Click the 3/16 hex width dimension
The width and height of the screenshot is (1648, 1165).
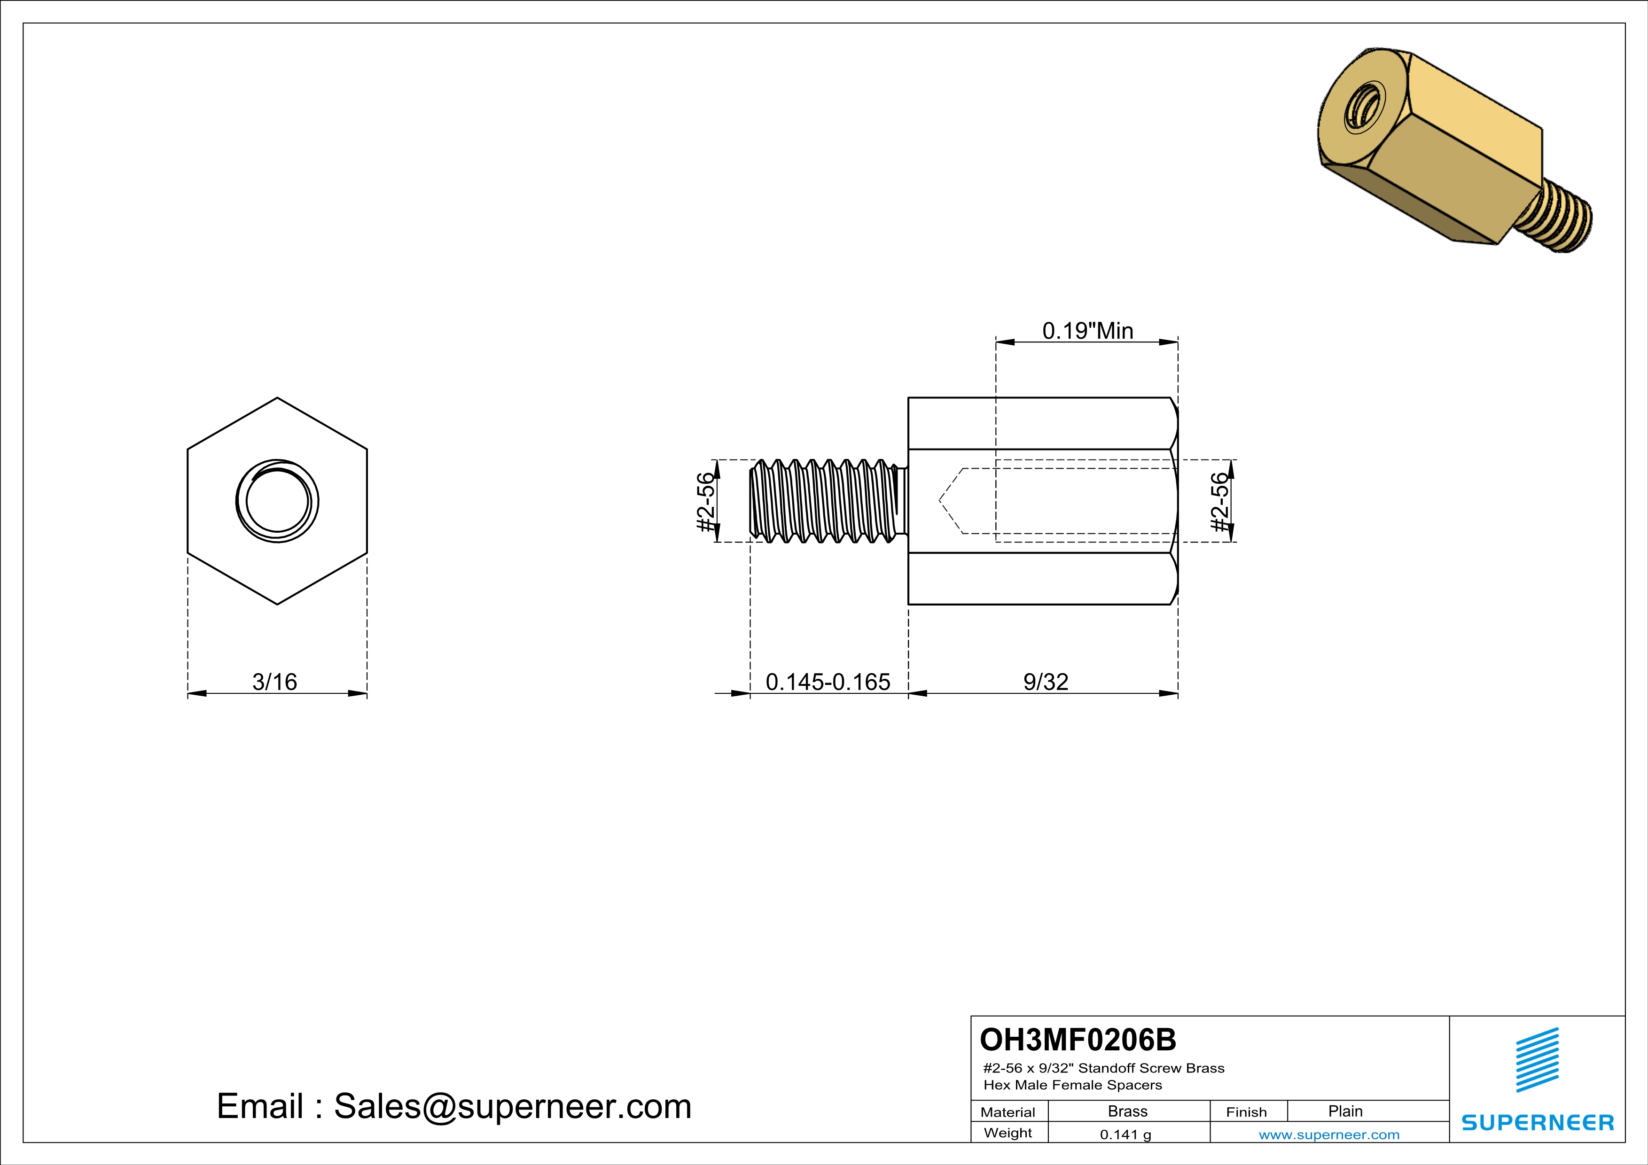click(274, 682)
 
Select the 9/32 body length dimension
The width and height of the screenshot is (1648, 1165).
click(1045, 682)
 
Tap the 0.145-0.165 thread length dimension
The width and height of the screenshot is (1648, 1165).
click(828, 682)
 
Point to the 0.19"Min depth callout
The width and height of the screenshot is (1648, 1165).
click(1087, 331)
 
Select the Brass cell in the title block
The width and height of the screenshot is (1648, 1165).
click(1128, 1111)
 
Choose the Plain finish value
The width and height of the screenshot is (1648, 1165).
click(1345, 1111)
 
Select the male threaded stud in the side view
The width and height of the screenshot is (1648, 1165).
click(826, 501)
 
